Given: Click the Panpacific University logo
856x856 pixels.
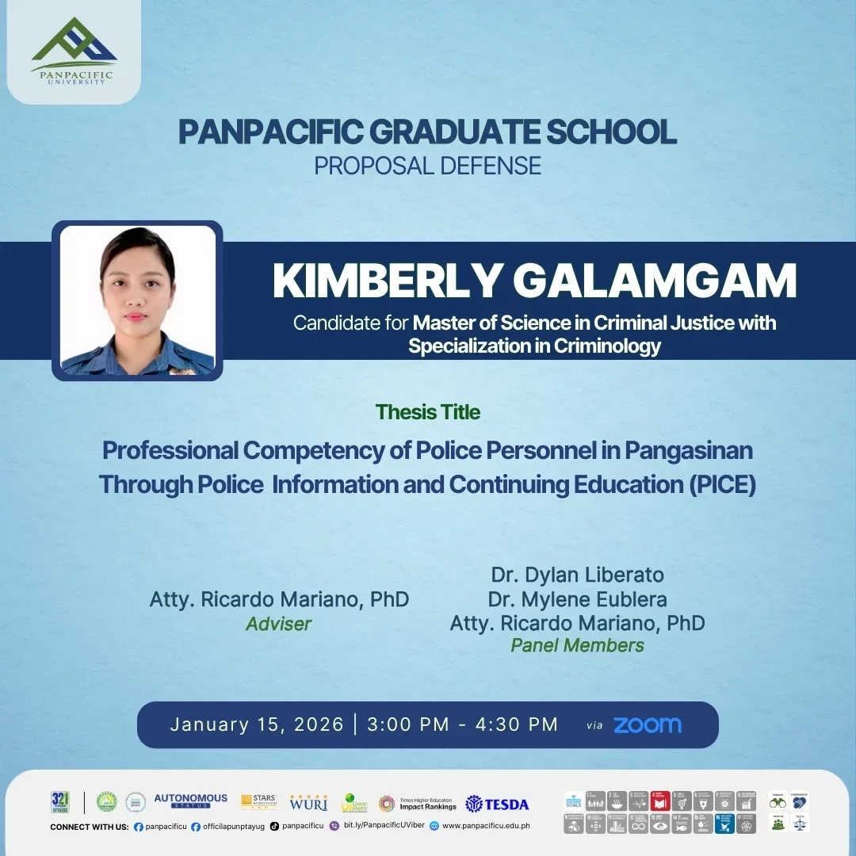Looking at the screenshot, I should pos(73,51).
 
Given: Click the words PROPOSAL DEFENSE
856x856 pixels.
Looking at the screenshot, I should pos(427,166).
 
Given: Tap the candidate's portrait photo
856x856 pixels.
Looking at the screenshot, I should pos(137,300).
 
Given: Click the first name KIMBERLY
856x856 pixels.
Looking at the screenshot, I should pos(387,281).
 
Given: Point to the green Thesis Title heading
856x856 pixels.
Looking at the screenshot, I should pos(428,412).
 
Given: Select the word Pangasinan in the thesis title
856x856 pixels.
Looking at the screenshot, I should pos(689,450).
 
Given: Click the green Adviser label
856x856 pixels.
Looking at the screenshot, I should pos(278,624).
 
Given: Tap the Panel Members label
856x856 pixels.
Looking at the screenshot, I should pos(577,645).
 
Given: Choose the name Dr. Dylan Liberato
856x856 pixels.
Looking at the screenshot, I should pos(577,574).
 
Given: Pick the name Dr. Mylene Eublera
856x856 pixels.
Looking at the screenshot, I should pos(577,598).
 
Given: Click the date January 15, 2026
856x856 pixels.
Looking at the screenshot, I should pos(257,724).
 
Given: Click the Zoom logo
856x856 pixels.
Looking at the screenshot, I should pos(647,725).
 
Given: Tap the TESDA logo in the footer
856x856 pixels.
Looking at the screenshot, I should pos(497,804).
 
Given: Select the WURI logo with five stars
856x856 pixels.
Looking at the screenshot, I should pos(308,802).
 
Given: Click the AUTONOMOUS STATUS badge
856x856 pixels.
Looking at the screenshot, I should pos(190,801).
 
